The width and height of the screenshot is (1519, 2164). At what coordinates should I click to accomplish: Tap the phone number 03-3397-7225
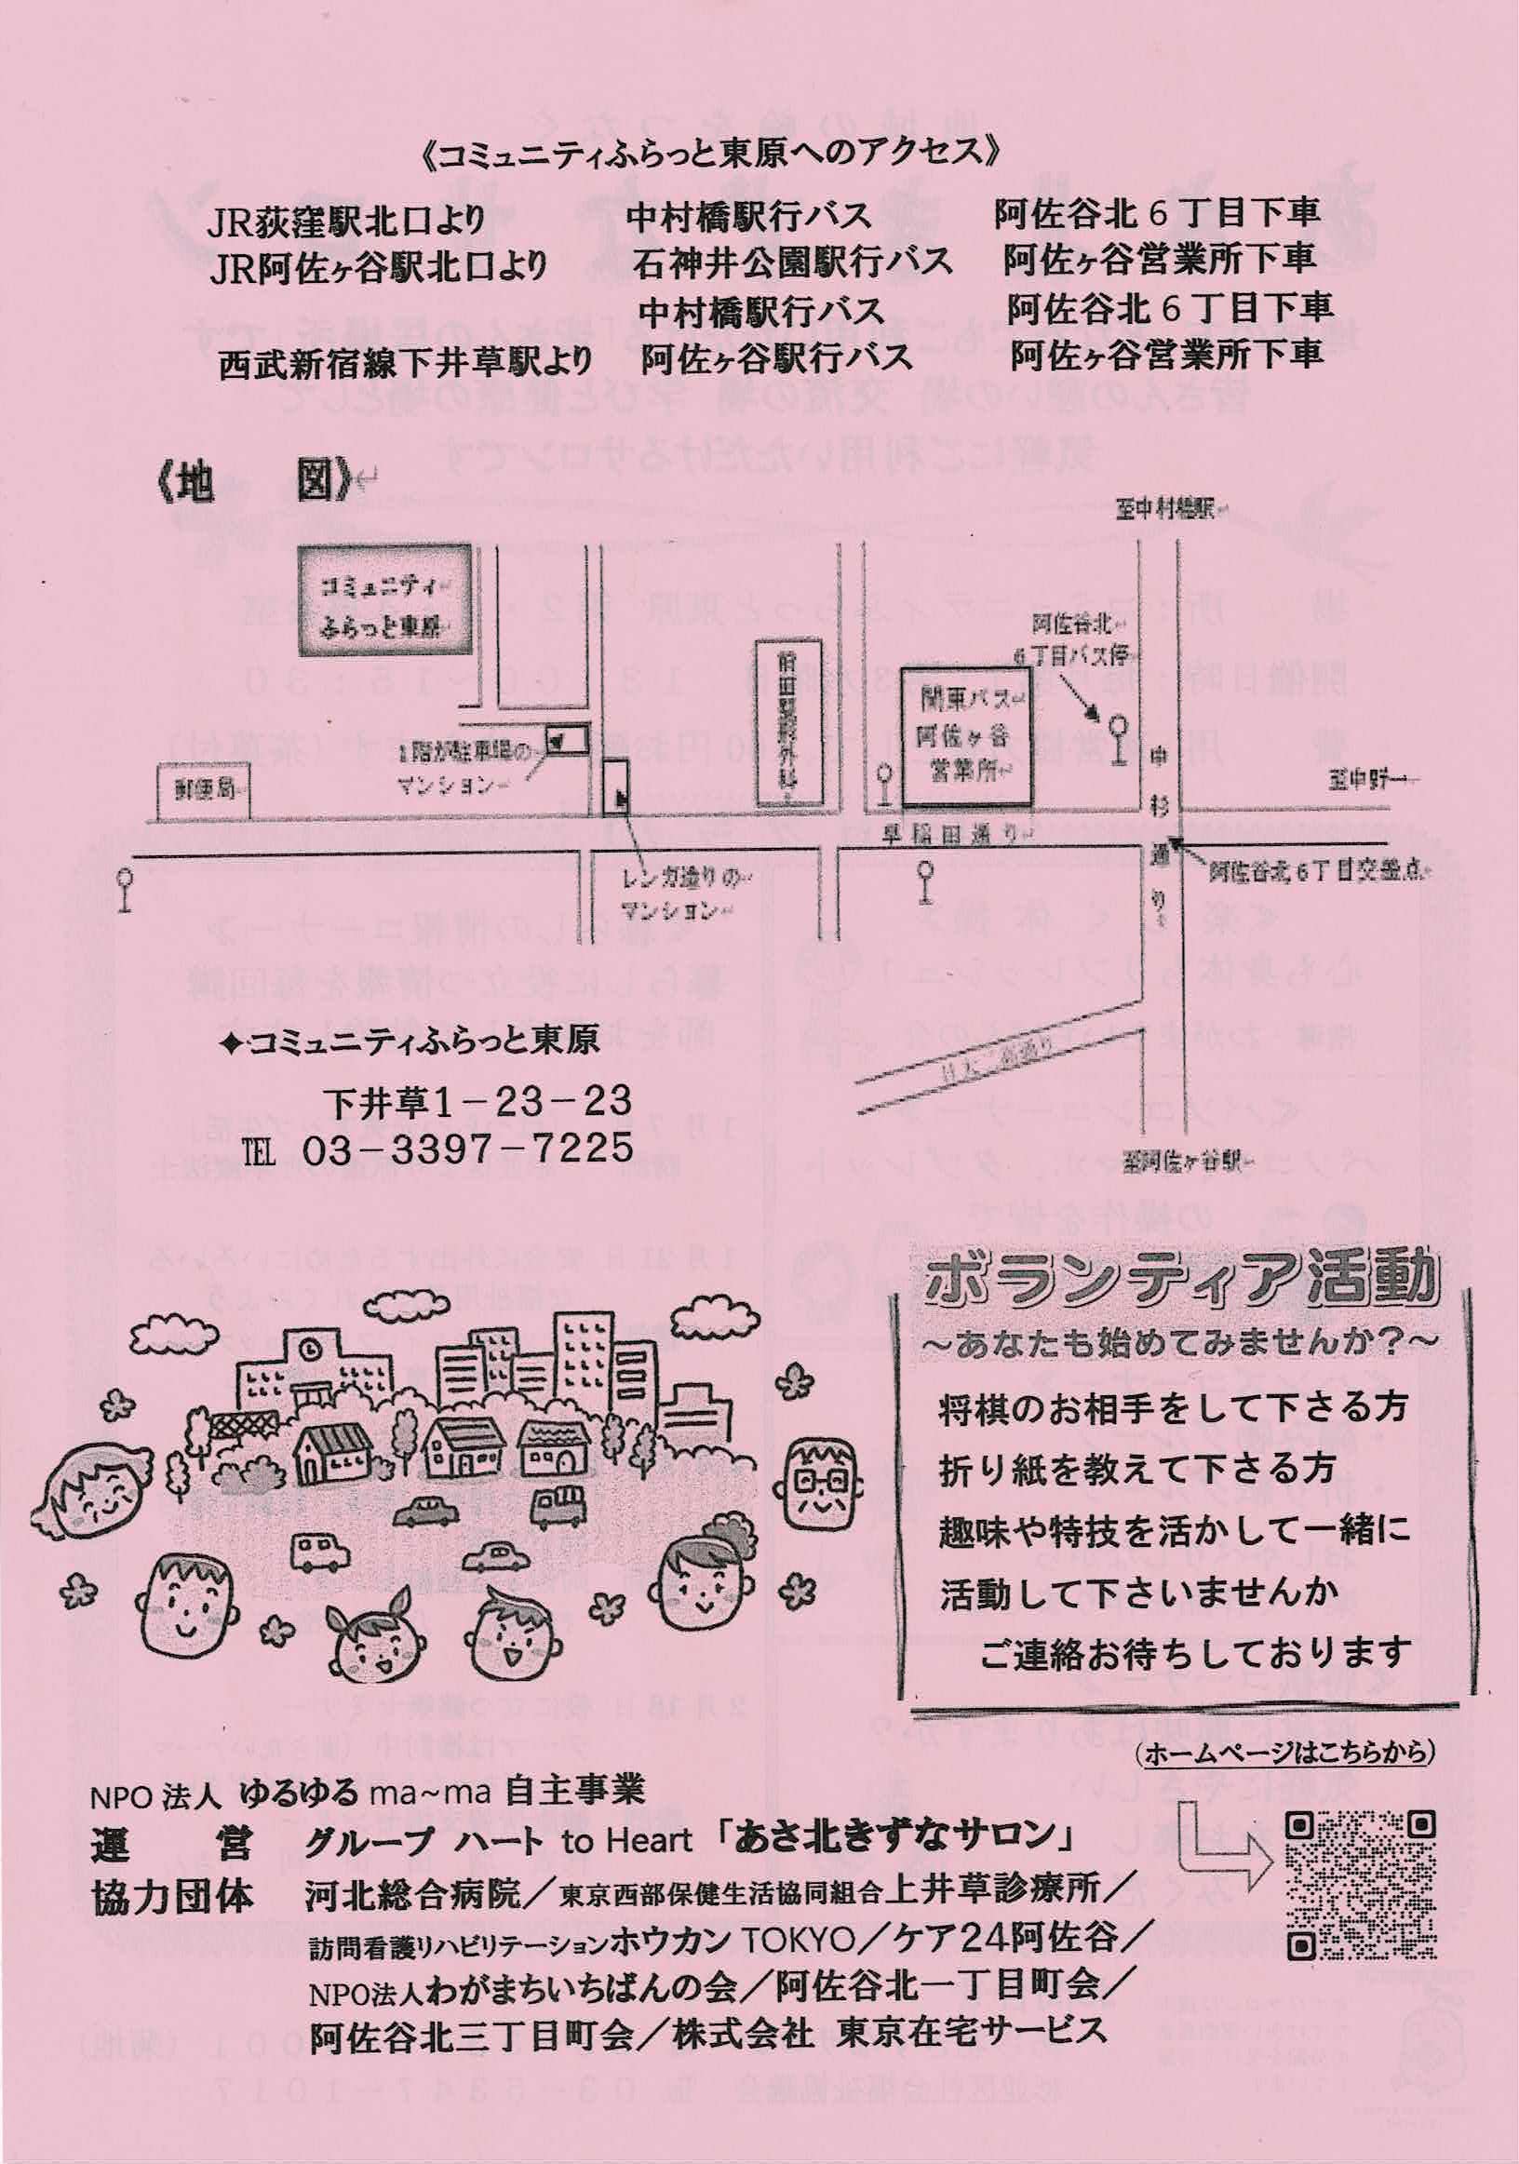[467, 1148]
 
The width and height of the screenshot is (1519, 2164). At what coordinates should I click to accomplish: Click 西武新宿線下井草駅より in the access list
[405, 362]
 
